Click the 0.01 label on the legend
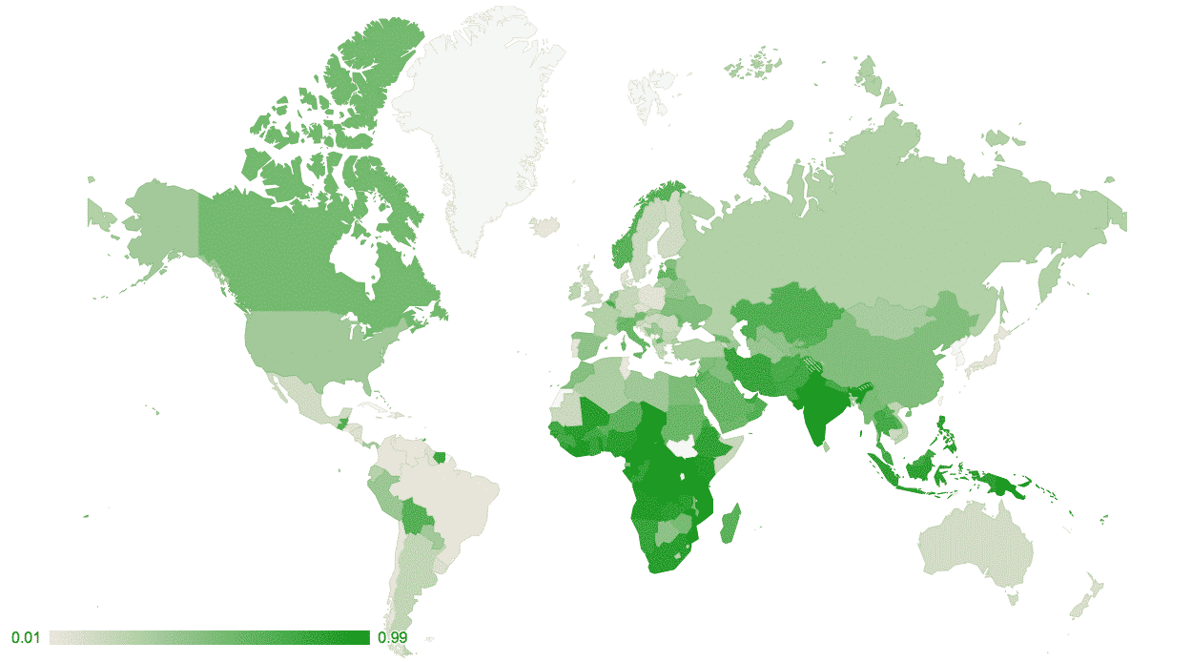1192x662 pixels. [x=24, y=637]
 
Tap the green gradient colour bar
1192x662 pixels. [x=210, y=637]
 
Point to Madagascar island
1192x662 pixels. [x=729, y=525]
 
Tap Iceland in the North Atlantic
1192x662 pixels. [x=545, y=226]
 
